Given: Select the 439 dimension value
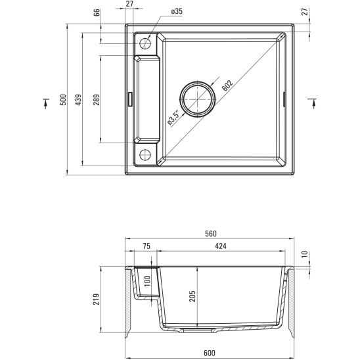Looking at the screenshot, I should (x=78, y=100).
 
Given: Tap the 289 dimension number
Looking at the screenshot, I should (x=96, y=100).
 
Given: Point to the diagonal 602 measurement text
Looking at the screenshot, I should (x=227, y=85).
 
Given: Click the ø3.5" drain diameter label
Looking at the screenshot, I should (x=172, y=116).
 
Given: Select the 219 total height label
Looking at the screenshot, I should (x=97, y=300).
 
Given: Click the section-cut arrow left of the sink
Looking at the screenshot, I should (x=45, y=102).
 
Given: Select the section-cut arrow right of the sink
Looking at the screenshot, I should (x=313, y=102).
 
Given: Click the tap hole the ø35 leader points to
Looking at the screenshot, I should (x=145, y=43).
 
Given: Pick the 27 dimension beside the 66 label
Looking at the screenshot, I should (x=129, y=5).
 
